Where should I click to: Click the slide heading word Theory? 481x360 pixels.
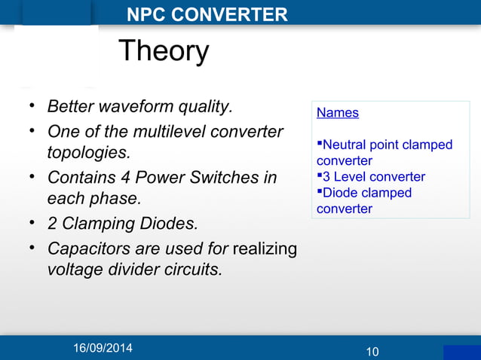click(x=163, y=52)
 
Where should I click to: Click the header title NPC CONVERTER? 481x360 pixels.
click(x=207, y=14)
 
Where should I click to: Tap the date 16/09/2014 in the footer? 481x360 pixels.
click(x=102, y=348)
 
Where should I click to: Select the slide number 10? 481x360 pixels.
click(x=372, y=352)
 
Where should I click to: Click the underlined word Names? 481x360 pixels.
click(x=337, y=113)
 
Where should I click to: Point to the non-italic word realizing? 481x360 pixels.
click(x=265, y=248)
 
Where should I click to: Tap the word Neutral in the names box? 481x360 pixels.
click(x=345, y=145)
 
